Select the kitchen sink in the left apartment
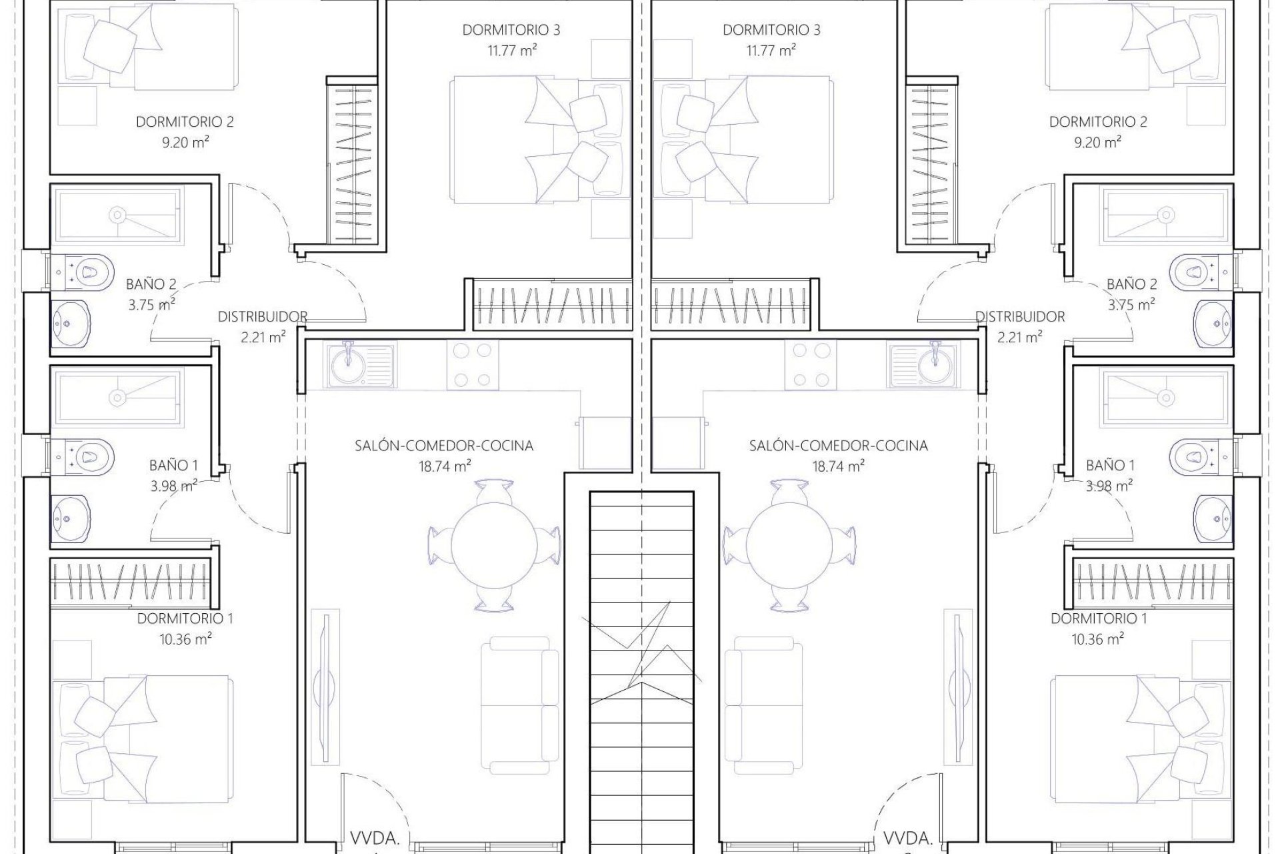[x=348, y=364]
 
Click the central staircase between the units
[x=641, y=667]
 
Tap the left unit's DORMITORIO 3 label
[x=511, y=30]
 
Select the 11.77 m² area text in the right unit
[x=771, y=50]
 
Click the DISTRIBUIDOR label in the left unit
[x=263, y=317]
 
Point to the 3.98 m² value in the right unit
[x=1109, y=486]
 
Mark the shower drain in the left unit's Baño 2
[x=117, y=215]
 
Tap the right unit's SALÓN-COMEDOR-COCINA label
[x=838, y=446]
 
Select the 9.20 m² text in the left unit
[x=185, y=142]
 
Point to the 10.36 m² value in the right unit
[x=1098, y=639]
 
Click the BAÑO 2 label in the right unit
[x=1131, y=284]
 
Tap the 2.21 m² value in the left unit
[x=263, y=338]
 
